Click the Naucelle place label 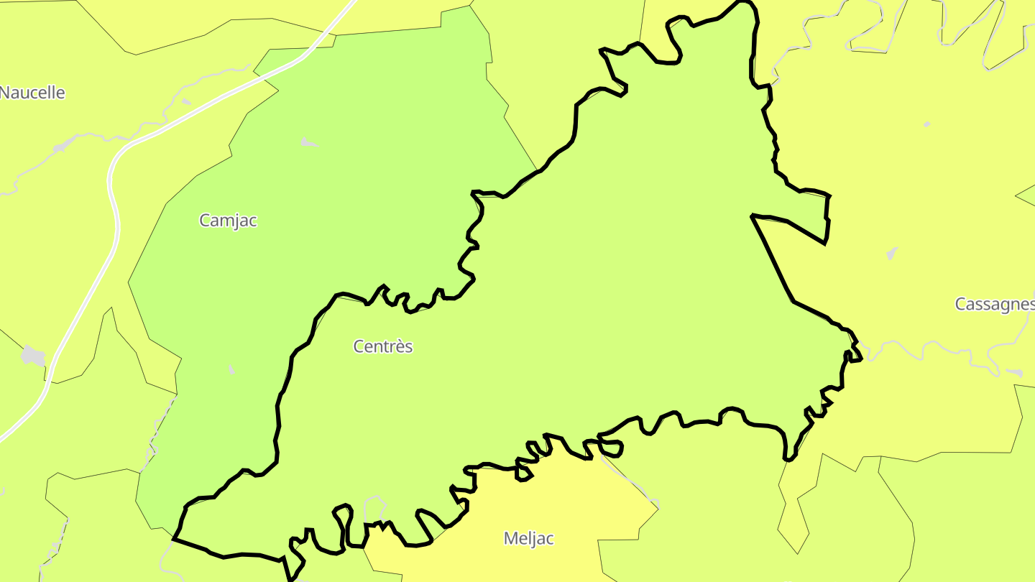[32, 93]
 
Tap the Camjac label [228, 221]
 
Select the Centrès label [383, 346]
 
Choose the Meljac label [529, 538]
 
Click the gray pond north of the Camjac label [309, 143]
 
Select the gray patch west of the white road [33, 355]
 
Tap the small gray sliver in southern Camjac [231, 369]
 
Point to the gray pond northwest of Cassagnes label [892, 254]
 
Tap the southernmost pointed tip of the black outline [290, 577]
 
